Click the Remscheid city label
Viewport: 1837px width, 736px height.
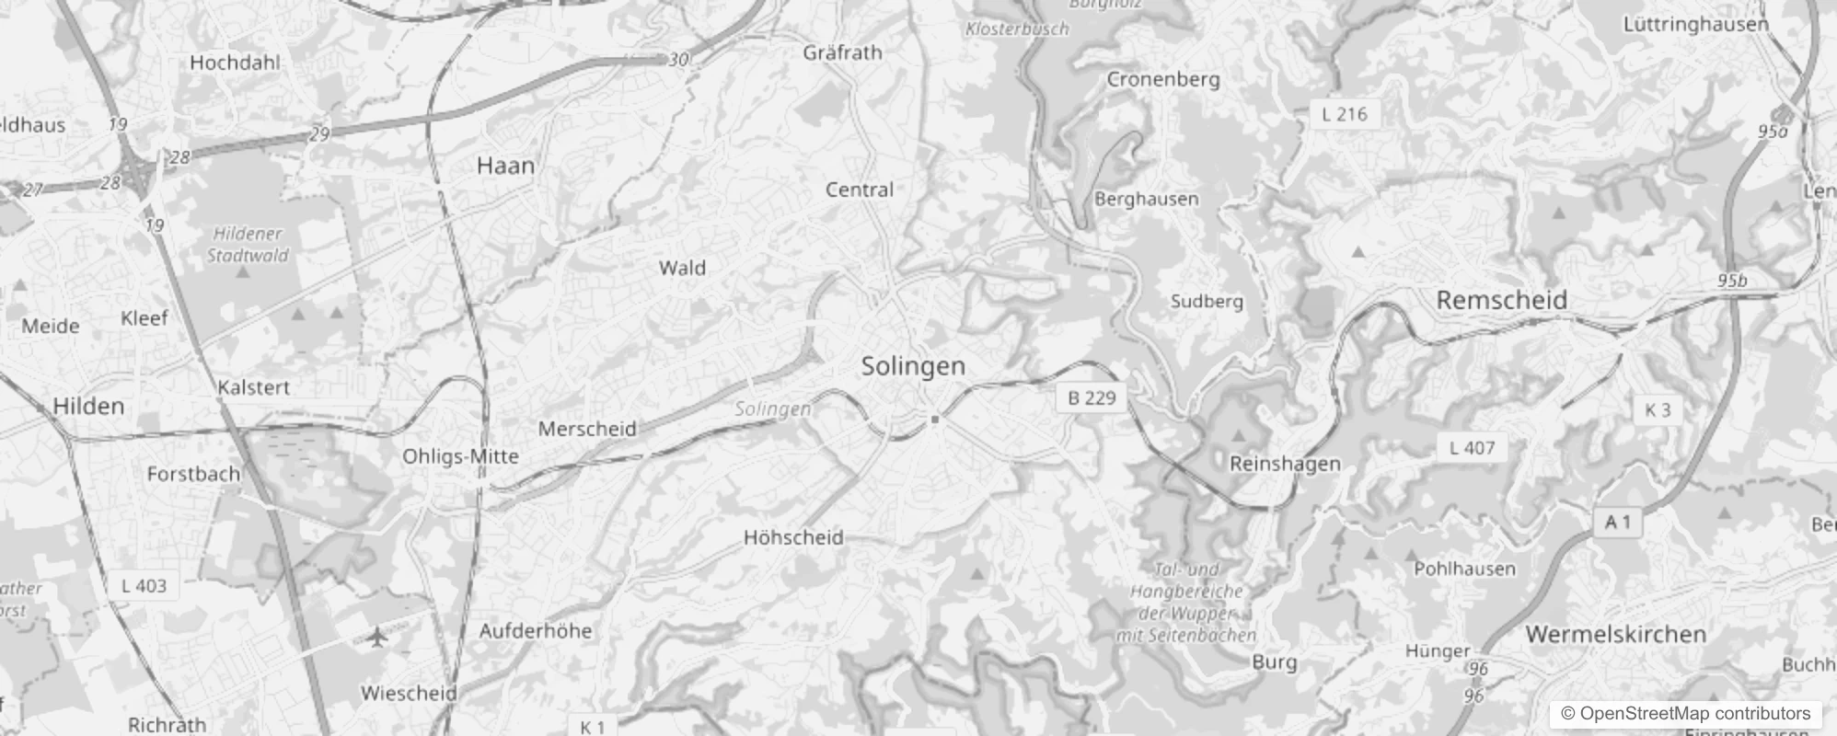[1501, 300]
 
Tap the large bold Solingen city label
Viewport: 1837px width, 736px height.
[913, 366]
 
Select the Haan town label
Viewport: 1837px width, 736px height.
[505, 166]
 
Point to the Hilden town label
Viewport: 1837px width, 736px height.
[88, 406]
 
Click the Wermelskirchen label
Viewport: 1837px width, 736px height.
[1615, 634]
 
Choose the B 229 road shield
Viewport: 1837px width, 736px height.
[1092, 397]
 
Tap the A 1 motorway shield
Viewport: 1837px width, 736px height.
[1617, 523]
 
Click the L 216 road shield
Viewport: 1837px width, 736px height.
[1344, 114]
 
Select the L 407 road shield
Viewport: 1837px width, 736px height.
[1472, 448]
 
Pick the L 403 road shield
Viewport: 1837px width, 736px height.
[144, 585]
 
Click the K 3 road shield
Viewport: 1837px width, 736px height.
[1657, 409]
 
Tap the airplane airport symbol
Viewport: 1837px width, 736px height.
[375, 637]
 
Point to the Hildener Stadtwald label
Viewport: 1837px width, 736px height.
[247, 245]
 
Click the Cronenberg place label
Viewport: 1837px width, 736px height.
[1163, 79]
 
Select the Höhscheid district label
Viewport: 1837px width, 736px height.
[793, 537]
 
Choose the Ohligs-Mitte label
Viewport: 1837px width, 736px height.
[460, 456]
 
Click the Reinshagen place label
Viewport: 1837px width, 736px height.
[1285, 464]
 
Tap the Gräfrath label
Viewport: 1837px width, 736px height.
[842, 52]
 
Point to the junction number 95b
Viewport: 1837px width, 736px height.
[1731, 281]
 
